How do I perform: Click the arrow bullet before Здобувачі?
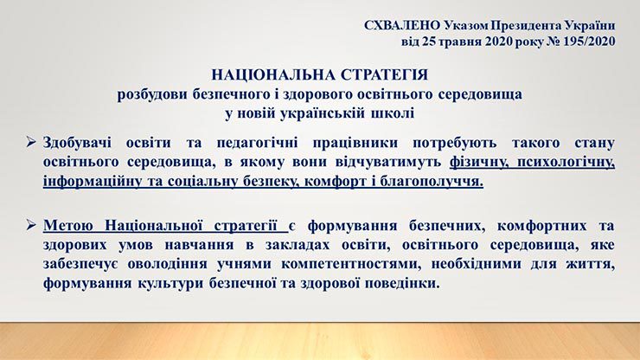click(31, 142)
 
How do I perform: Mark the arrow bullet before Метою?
click(31, 224)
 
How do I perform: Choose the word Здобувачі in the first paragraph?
click(77, 143)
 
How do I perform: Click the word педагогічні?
click(257, 143)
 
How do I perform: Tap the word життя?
click(590, 264)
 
